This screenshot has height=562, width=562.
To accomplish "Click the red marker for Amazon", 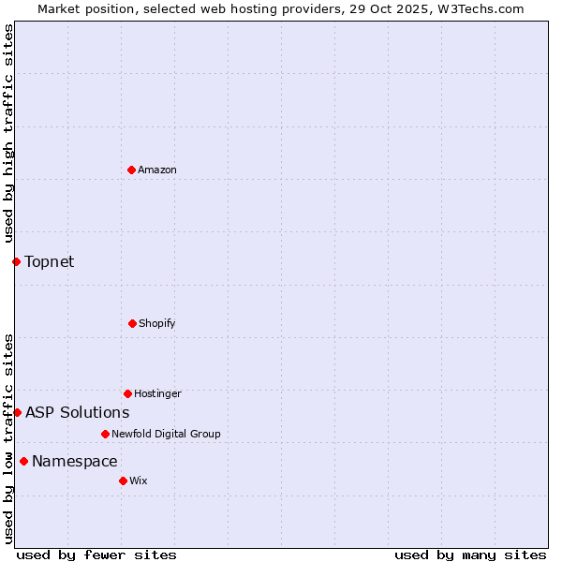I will tap(131, 170).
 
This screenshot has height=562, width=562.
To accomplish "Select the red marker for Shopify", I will tap(132, 323).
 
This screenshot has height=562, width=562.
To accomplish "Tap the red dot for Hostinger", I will tap(127, 393).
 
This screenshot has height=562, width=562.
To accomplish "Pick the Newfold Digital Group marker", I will tap(105, 434).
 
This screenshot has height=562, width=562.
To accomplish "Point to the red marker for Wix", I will tap(123, 481).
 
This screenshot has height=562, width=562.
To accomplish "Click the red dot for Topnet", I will tap(16, 261).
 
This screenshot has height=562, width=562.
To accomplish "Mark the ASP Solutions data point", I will tap(17, 412).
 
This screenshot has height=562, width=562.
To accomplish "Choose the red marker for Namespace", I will tap(23, 461).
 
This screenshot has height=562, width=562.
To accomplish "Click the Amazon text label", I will tap(157, 170).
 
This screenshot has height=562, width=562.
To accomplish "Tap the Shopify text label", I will tap(157, 323).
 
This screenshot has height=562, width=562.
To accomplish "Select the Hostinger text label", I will tap(157, 393).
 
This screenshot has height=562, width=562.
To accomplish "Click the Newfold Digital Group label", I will tap(166, 434).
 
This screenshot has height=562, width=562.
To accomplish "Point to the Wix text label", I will tap(139, 481).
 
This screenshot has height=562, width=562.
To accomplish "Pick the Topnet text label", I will tap(49, 261).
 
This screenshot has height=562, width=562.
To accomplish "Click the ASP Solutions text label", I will tap(77, 412).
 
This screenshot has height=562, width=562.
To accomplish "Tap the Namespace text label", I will tap(74, 461).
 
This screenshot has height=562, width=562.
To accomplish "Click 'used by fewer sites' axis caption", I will tap(96, 555).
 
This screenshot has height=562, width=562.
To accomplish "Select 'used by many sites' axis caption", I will tap(470, 555).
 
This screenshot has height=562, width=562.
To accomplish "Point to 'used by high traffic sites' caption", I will tap(8, 133).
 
